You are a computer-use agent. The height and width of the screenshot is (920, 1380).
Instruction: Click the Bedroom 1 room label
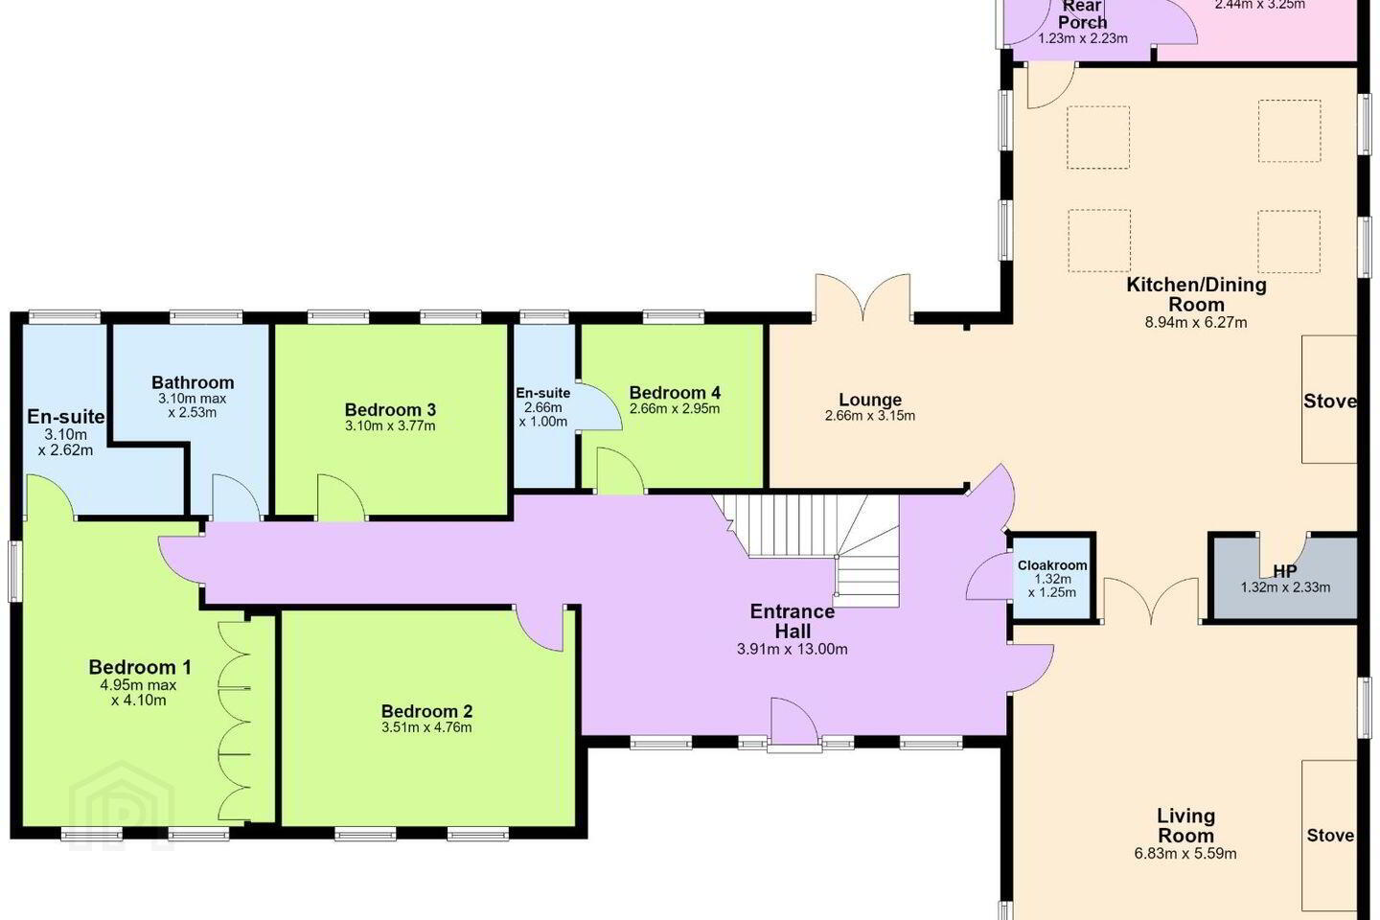point(140,667)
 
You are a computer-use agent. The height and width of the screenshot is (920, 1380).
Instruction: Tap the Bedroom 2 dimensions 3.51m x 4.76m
point(426,727)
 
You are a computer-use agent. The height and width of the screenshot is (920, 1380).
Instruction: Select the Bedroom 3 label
point(390,410)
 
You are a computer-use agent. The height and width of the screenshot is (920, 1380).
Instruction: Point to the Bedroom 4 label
point(675,393)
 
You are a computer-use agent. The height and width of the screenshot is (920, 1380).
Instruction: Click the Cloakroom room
point(1052,577)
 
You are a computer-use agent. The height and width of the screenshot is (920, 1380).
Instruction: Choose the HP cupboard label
point(1284,571)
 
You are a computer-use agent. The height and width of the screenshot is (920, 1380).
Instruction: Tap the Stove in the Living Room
point(1330,835)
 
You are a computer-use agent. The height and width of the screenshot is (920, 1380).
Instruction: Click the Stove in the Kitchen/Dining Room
point(1330,402)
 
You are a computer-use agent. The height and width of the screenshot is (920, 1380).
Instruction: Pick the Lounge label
point(870,400)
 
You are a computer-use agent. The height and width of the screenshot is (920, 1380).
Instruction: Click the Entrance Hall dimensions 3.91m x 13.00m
point(793,649)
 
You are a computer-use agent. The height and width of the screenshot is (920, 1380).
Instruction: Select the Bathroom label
point(193,382)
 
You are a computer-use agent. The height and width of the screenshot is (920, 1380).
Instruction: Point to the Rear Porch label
point(1083,14)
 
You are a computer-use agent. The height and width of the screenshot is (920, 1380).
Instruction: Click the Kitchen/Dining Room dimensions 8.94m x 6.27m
point(1196,322)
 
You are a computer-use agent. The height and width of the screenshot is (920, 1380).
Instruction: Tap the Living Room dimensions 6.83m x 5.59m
point(1185,854)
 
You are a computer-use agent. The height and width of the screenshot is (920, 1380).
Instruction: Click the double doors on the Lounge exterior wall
point(863,298)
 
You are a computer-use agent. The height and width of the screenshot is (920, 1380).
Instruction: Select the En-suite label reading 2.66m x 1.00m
point(542,406)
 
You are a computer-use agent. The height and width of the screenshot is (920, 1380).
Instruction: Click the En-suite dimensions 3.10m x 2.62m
point(65,443)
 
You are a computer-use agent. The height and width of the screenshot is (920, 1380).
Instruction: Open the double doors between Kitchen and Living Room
point(1151,602)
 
